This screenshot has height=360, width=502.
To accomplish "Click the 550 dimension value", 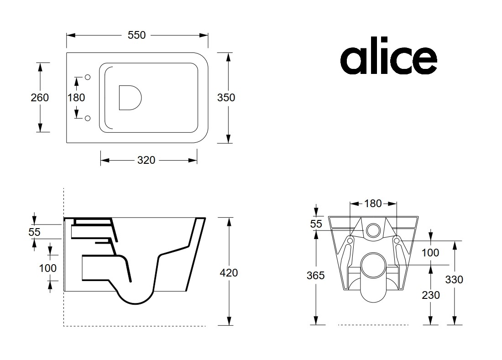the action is click(137, 35).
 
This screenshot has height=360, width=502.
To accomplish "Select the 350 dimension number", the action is click(226, 98).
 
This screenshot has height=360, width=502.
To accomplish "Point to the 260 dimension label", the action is click(40, 98).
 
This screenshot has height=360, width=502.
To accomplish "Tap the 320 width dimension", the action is click(146, 160).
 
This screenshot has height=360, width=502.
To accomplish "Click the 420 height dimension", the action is click(229, 273).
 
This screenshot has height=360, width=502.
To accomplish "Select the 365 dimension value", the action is click(316, 276).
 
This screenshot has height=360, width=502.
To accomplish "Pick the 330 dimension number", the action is click(454, 280).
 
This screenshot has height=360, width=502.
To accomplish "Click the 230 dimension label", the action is click(431, 295).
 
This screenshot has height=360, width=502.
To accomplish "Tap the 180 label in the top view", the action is click(76, 98).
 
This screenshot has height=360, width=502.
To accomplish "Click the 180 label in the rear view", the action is click(373, 203).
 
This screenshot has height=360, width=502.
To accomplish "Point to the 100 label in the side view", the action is click(48, 268).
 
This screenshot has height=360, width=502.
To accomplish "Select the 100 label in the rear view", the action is click(430, 253).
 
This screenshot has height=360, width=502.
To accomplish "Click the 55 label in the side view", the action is click(34, 232).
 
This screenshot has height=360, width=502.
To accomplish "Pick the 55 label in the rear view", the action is click(316, 224).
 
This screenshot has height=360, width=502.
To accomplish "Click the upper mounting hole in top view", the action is click(88, 77).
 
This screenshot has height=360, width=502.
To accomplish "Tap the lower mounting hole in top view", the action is click(88, 118).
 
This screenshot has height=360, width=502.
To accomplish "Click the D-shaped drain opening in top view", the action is click(130, 98).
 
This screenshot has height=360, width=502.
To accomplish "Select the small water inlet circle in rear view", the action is click(373, 230).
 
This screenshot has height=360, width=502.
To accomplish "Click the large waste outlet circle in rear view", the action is click(373, 266).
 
